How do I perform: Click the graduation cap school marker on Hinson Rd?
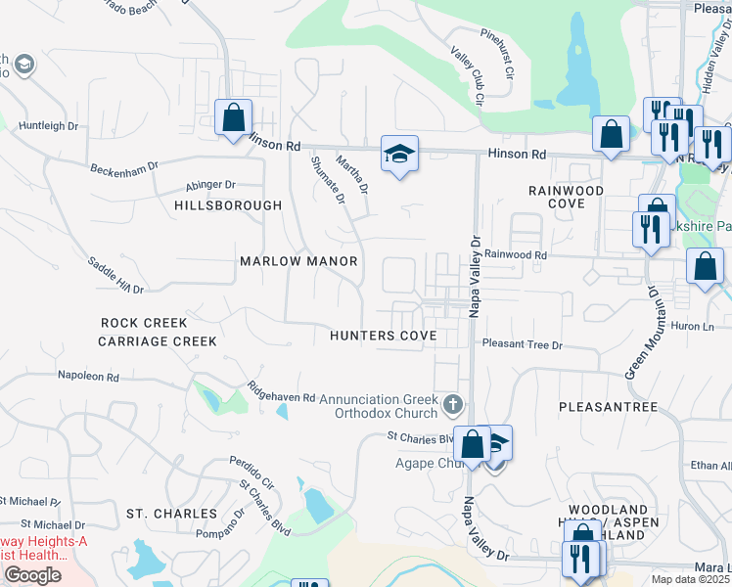[399, 155]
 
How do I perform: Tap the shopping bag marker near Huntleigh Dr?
[234, 118]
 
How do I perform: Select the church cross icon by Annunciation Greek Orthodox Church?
[452, 403]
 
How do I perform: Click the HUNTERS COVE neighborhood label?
[383, 335]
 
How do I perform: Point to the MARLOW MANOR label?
[298, 262]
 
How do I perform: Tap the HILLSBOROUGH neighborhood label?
[228, 205]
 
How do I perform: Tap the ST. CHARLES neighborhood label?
[171, 514]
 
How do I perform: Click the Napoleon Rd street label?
[88, 376]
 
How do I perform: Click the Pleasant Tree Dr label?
[524, 344]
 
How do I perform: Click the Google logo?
[32, 575]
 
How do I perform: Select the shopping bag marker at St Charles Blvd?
[472, 445]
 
